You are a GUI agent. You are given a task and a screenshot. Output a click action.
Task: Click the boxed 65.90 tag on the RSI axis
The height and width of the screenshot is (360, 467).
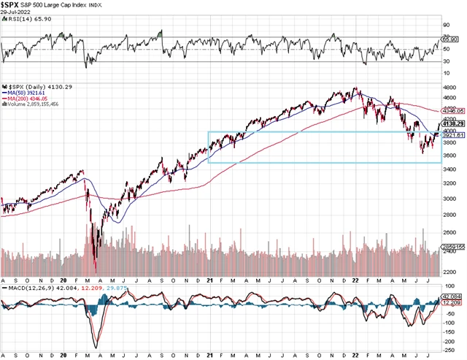pyautogui.click(x=452, y=38)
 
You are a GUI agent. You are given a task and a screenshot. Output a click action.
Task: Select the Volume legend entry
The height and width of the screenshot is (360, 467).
pyautogui.click(x=32, y=104)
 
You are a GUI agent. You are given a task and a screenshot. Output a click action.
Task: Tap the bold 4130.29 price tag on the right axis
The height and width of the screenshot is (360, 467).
pyautogui.click(x=455, y=124)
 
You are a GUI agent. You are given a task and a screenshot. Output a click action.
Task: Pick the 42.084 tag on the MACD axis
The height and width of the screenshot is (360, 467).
pyautogui.click(x=455, y=296)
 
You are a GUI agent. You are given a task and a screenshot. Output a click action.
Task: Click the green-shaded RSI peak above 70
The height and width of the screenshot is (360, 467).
pyautogui.click(x=161, y=31)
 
